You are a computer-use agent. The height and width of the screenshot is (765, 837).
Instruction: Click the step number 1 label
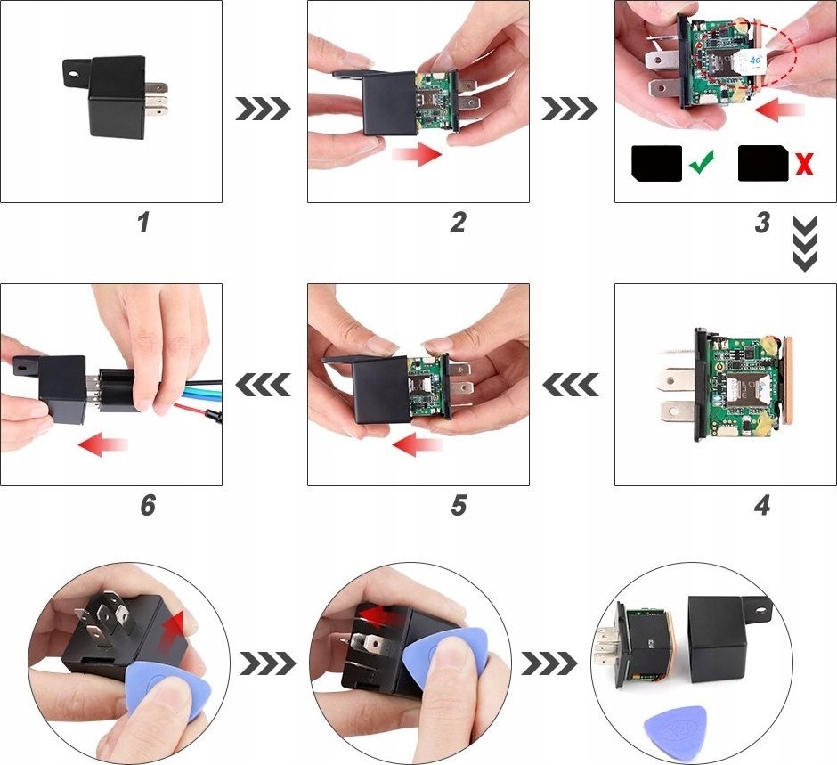(x=142, y=223)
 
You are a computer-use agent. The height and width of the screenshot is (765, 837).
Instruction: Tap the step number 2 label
(x=458, y=223)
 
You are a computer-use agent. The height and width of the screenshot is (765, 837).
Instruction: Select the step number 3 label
(x=762, y=223)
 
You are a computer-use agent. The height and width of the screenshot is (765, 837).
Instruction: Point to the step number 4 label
(x=762, y=505)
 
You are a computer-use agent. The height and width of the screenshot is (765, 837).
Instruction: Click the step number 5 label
(x=459, y=505)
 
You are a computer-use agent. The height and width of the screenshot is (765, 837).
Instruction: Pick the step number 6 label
(x=148, y=505)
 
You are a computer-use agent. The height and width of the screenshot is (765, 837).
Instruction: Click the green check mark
(x=702, y=162)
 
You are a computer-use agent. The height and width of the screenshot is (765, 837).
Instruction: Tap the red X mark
(x=804, y=163)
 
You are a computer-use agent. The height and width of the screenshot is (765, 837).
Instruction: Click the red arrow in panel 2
(x=418, y=154)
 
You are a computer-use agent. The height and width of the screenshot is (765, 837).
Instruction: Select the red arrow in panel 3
(x=780, y=111)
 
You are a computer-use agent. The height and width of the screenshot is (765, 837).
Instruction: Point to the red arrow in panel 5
(x=418, y=444)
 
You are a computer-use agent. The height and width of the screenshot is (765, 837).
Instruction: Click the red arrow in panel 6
(x=103, y=444)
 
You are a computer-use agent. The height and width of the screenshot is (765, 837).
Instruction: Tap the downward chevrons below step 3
(x=805, y=243)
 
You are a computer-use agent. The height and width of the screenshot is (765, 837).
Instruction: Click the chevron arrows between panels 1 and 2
(x=264, y=109)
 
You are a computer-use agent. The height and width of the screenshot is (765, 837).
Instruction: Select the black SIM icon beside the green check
(x=656, y=163)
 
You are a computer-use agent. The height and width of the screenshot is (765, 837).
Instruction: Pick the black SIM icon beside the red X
(x=763, y=163)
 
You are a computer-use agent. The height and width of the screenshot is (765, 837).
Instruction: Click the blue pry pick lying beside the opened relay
(x=674, y=725)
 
